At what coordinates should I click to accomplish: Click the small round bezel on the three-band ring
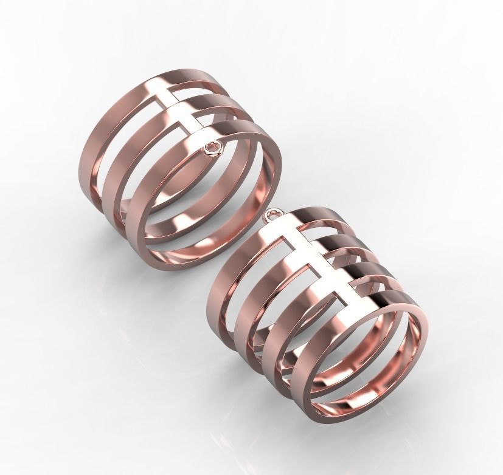[212, 148]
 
